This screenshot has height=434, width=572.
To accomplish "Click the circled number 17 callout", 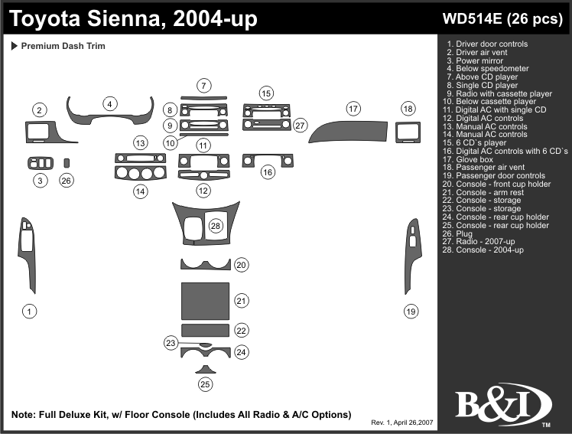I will pyautogui.click(x=353, y=109).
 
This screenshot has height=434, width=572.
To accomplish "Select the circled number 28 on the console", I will pyautogui.click(x=216, y=226).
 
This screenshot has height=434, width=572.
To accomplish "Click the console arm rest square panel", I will pyautogui.click(x=205, y=301).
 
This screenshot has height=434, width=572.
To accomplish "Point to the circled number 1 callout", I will pyautogui.click(x=29, y=311).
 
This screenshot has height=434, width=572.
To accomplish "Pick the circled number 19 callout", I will pyautogui.click(x=411, y=311).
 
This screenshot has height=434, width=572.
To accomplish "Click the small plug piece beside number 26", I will pyautogui.click(x=67, y=162).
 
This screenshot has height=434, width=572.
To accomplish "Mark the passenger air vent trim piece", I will pyautogui.click(x=408, y=132).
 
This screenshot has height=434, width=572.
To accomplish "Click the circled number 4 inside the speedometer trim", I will pyautogui.click(x=110, y=105).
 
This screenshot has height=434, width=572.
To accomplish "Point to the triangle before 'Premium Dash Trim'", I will pyautogui.click(x=15, y=46).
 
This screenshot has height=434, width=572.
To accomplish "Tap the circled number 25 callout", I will pyautogui.click(x=205, y=384).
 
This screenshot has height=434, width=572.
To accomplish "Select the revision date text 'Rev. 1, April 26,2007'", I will pyautogui.click(x=402, y=423).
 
